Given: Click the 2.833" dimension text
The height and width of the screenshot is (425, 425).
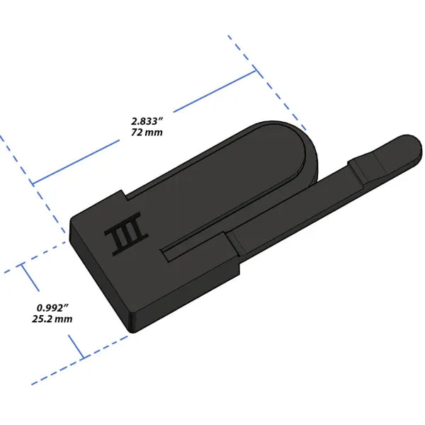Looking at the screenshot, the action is click(148, 121).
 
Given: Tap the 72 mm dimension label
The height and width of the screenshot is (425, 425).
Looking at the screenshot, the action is click(147, 132).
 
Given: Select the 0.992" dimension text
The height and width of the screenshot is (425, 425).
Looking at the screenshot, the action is click(52, 308).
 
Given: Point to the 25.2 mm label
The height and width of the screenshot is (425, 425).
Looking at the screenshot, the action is click(52, 319).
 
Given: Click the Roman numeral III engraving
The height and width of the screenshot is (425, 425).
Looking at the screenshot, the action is click(126, 234).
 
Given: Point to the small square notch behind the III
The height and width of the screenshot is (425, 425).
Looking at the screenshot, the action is click(123, 195).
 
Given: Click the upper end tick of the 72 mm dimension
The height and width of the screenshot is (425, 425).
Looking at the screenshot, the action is click(255, 71).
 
